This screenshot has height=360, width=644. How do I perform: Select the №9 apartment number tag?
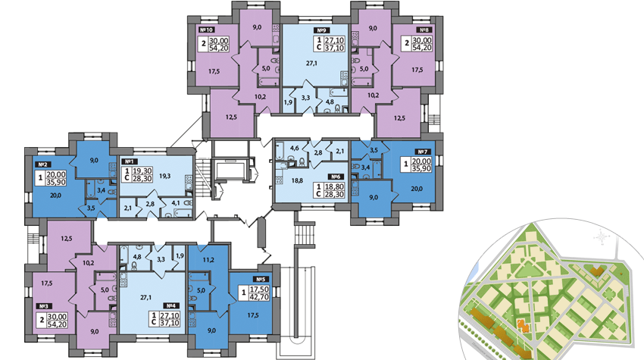(x=310, y=31)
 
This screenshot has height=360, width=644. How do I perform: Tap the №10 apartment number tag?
(x=205, y=31)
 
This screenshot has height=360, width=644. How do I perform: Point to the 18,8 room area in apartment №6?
(x=288, y=181)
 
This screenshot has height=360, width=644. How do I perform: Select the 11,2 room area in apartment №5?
(x=209, y=258)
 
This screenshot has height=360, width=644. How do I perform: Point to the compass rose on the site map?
(x=604, y=237)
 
